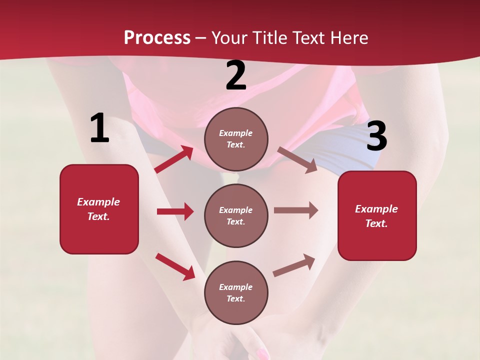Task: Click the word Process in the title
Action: coord(157,38)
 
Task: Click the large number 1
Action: coord(99,128)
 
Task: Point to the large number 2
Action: coord(236,75)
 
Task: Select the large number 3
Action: coord(377,136)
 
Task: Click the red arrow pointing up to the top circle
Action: coord(173,159)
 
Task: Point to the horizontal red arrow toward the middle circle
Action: coord(175,211)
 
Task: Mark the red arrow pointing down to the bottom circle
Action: coord(175,266)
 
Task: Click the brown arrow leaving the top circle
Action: coord(297,159)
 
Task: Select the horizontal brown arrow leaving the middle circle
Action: coord(295,210)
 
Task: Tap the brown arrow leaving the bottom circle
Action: coord(294,265)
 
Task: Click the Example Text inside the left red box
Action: coord(98,209)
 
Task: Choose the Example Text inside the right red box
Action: coord(376,216)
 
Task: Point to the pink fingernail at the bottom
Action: coord(262,354)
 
